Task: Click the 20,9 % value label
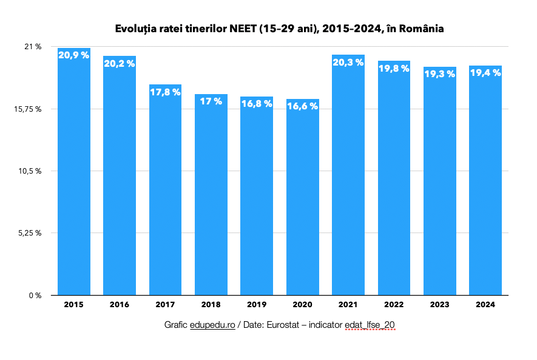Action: point(74,55)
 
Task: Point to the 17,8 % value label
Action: point(166,92)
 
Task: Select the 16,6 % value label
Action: point(303,106)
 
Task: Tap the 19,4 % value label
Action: point(485,73)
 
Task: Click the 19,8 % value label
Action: point(394,68)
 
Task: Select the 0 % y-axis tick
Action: point(35,296)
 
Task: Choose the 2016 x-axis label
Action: point(120,305)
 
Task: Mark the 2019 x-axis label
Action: point(257,305)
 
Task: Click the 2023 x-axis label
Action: point(440,305)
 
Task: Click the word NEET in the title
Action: point(244,29)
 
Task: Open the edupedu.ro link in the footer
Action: point(212,325)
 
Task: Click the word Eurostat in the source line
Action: point(285,325)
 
